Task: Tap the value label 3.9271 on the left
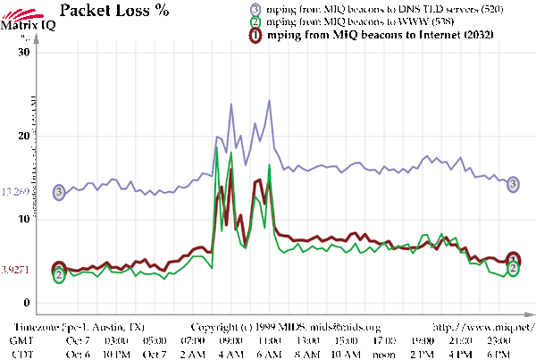pyautogui.click(x=18, y=269)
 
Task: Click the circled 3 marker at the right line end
pyautogui.click(x=513, y=184)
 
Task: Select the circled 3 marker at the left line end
pyautogui.click(x=60, y=192)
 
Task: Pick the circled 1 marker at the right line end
pyautogui.click(x=513, y=259)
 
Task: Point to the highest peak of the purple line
pyautogui.click(x=269, y=101)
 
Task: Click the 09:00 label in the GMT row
pyautogui.click(x=231, y=340)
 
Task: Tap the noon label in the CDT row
pyautogui.click(x=385, y=354)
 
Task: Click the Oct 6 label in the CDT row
pyautogui.click(x=78, y=354)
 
